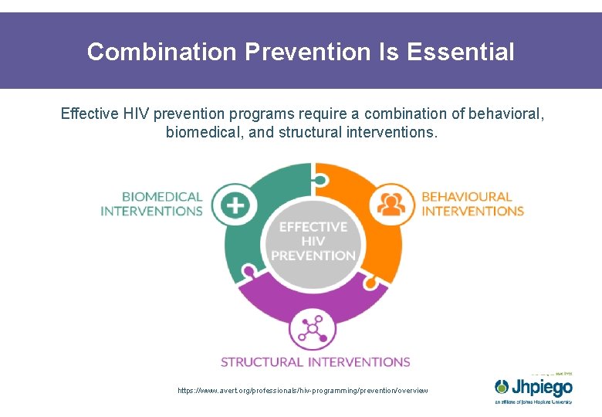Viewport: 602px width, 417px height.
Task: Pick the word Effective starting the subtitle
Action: pos(89,114)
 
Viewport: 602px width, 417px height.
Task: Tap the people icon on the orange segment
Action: pos(391,204)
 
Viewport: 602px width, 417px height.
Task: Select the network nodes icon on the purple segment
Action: pos(313,329)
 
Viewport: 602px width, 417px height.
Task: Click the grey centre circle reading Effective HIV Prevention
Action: pos(313,241)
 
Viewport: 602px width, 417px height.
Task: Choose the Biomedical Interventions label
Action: pos(151,204)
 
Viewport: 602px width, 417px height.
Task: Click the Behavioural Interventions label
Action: pos(472,204)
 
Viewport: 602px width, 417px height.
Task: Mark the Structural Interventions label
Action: pos(315,361)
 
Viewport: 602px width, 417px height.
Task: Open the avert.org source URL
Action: pos(302,391)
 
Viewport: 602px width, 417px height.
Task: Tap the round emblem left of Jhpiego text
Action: pos(503,386)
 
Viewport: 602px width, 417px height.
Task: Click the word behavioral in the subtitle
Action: pos(505,114)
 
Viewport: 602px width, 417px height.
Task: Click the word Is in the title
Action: pos(388,52)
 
